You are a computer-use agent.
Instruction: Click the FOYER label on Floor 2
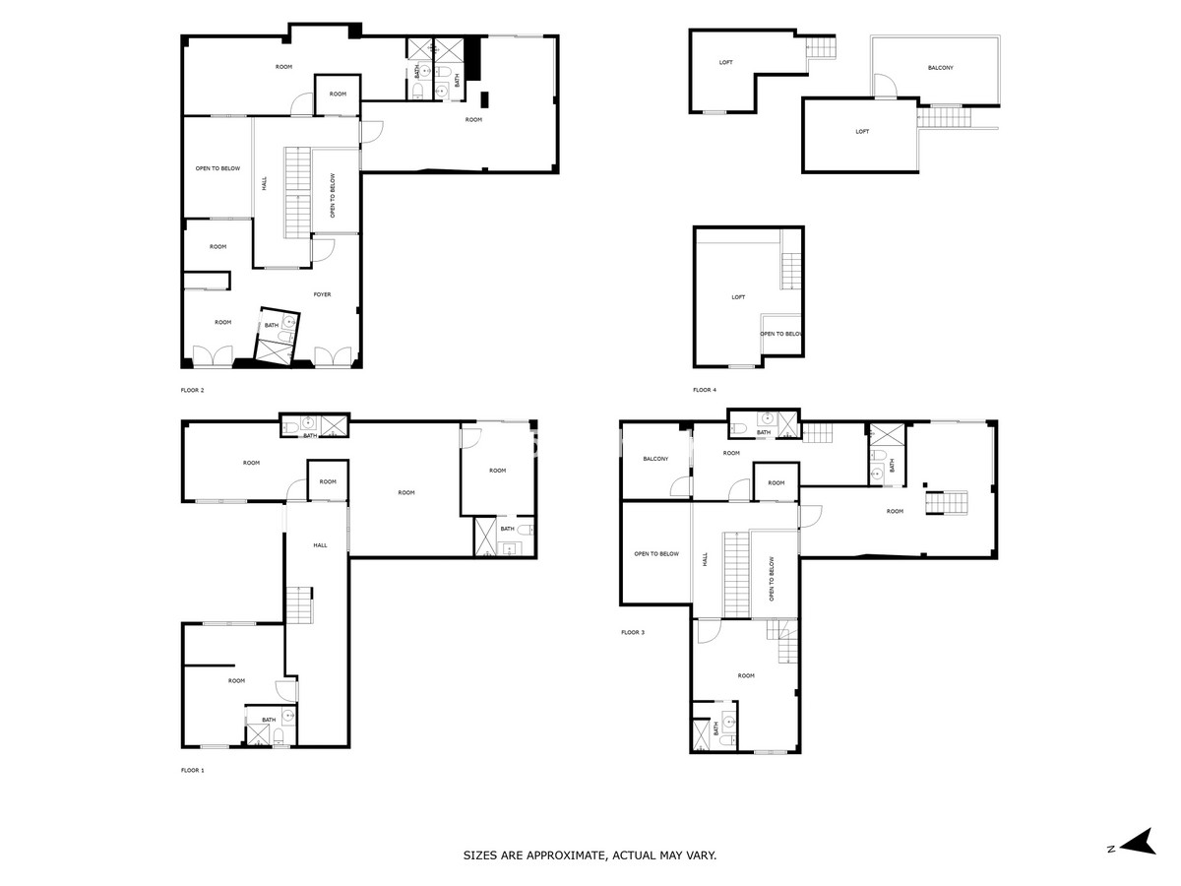322,294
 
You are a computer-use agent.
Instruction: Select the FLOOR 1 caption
193,771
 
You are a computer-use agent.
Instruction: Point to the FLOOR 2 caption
193,390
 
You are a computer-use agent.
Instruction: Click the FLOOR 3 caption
633,632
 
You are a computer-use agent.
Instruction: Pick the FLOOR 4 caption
705,390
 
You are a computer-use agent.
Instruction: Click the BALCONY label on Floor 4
941,68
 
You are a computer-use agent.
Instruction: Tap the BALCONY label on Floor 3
655,459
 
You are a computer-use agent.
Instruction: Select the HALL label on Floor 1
320,545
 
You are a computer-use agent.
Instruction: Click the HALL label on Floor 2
264,183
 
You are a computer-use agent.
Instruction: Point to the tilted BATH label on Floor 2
272,325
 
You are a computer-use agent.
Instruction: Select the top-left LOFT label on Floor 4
725,62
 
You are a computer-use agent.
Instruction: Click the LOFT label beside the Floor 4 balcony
862,131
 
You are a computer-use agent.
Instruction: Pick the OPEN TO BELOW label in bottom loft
781,334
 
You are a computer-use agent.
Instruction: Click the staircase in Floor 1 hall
299,604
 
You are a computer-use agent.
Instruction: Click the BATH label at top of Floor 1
310,436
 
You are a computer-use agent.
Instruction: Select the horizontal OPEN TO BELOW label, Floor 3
656,553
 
